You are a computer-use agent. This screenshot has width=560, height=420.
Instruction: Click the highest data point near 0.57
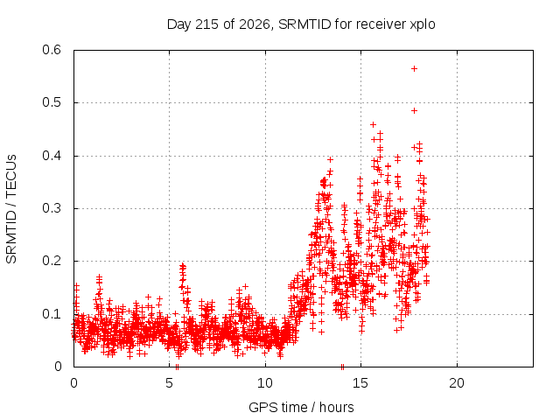414,68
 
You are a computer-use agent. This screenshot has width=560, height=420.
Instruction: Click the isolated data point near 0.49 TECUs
414,111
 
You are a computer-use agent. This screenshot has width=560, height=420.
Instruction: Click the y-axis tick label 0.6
52,50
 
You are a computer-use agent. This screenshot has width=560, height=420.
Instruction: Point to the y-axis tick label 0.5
52,102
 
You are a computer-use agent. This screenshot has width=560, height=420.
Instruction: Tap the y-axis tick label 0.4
52,156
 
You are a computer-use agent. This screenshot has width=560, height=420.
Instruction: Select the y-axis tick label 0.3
52,208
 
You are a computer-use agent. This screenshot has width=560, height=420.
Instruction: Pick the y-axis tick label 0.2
52,261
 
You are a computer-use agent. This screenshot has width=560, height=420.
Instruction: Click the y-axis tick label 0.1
52,314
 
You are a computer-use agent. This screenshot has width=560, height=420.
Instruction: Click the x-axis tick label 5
169,383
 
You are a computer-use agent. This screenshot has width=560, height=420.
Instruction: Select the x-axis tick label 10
265,383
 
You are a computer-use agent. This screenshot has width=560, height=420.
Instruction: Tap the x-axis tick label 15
360,383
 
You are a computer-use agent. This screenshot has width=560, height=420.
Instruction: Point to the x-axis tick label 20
457,383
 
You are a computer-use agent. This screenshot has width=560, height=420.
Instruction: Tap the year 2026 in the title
254,24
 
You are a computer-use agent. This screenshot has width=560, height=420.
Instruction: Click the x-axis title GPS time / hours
301,408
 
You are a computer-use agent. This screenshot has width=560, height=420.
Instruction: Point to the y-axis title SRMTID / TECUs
11,209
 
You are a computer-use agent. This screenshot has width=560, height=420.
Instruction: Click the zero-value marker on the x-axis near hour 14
342,367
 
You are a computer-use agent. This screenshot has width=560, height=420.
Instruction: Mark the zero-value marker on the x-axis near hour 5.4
177,367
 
